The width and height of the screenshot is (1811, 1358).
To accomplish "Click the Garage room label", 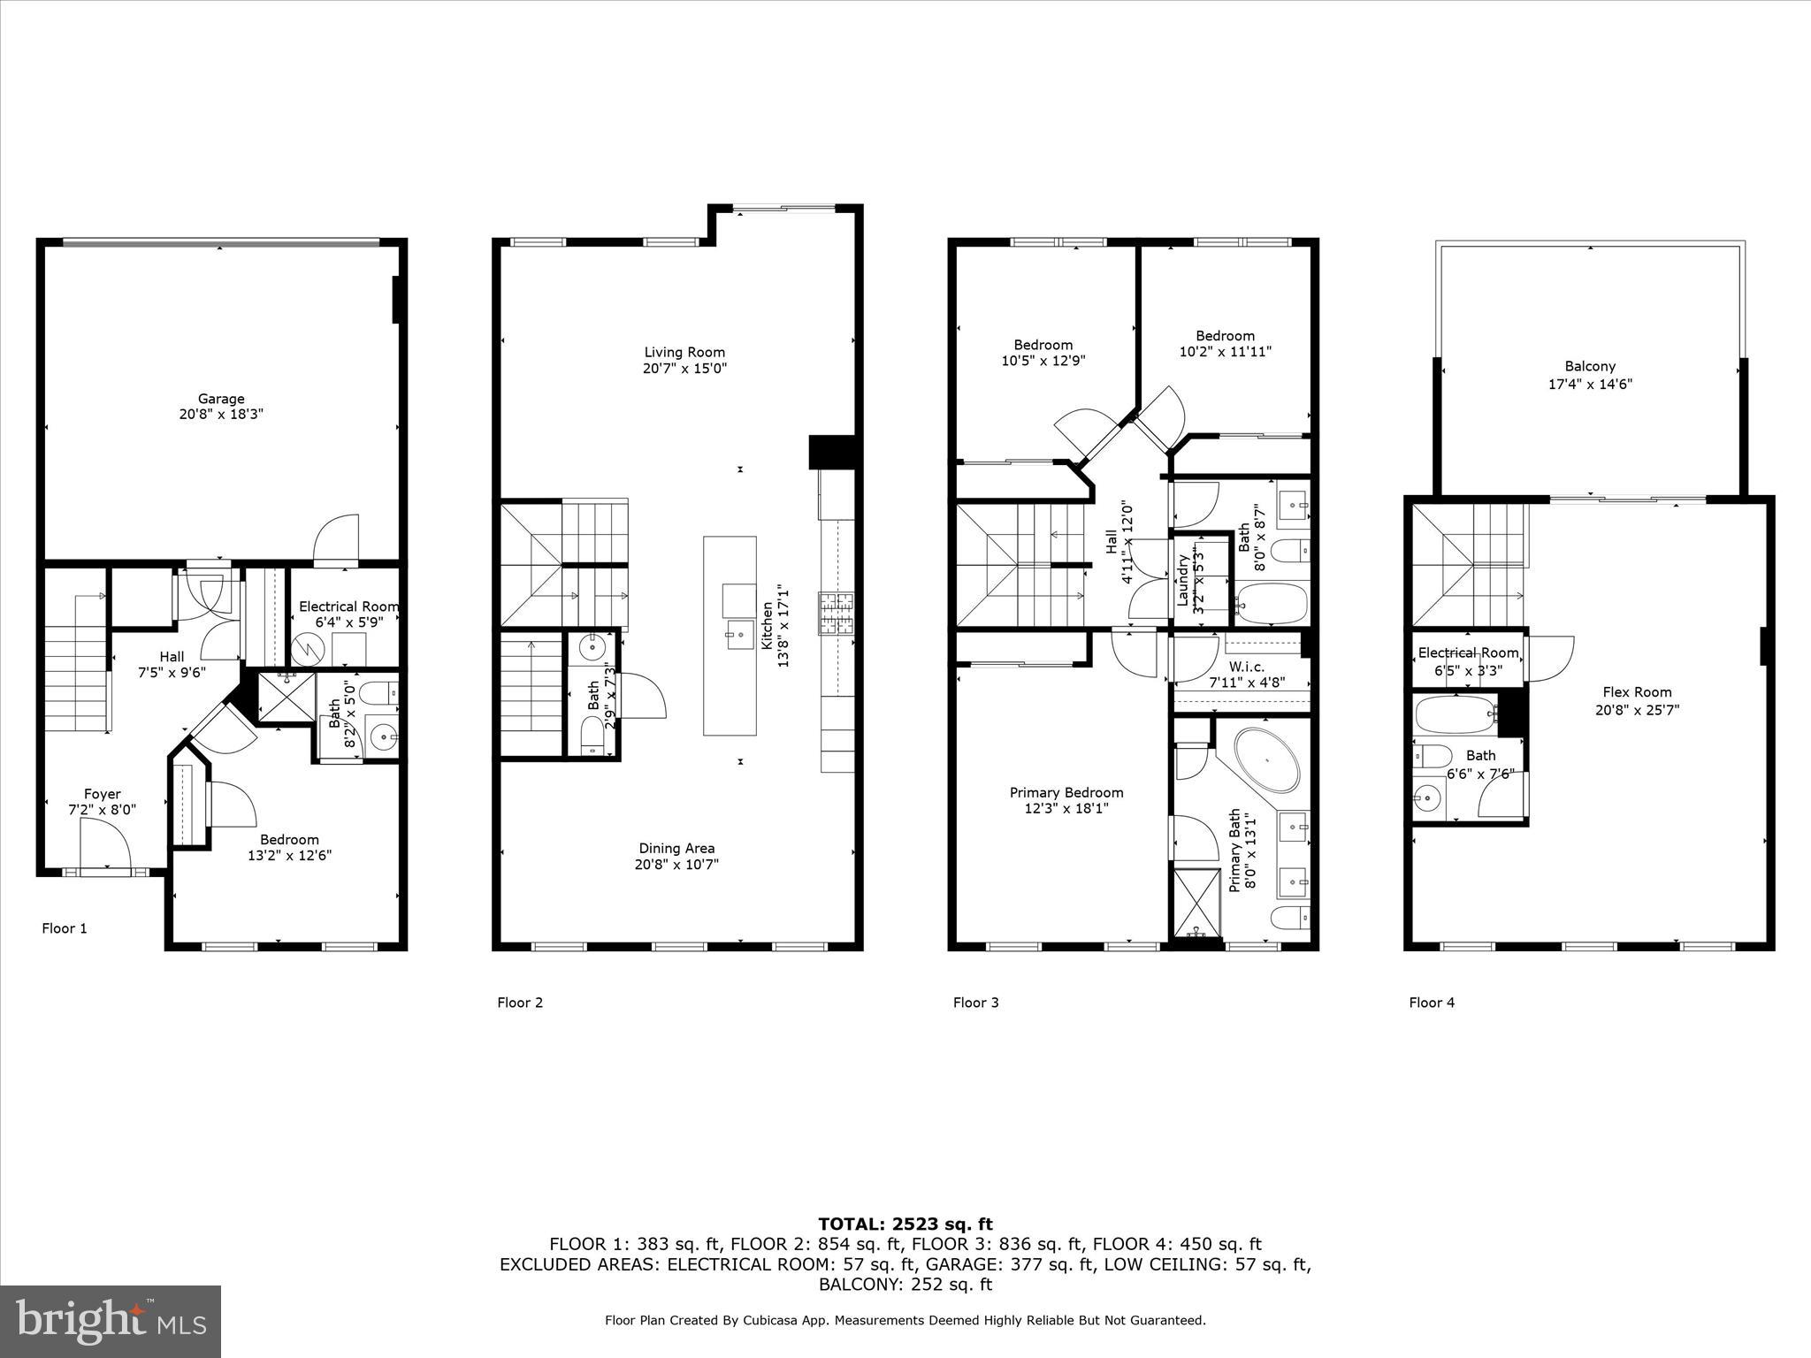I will (x=221, y=399).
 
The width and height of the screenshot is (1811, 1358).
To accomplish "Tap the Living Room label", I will (x=684, y=353).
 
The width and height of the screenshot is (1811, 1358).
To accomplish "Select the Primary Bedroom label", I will (x=1066, y=793).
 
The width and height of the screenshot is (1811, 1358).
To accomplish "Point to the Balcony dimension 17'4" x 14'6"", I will (x=1590, y=384).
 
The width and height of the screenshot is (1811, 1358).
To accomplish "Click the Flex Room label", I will (x=1637, y=692).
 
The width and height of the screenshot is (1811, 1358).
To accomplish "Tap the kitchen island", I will (x=730, y=636).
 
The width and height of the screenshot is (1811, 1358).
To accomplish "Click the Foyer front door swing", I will (x=104, y=844).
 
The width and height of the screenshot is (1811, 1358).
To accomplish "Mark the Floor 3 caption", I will (x=975, y=1003).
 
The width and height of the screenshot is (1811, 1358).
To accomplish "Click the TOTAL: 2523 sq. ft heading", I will (x=905, y=1224).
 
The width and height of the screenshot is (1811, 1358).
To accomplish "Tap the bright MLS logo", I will (x=111, y=1321).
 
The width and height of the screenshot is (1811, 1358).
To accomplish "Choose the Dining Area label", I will (x=676, y=849).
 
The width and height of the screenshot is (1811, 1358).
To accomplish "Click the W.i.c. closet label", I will (x=1246, y=667).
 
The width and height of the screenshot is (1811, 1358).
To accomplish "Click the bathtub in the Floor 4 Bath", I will (x=1456, y=714).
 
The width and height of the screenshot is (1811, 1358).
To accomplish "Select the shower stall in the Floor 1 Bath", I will (x=286, y=698).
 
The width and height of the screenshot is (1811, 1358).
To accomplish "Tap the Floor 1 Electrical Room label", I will (x=348, y=607).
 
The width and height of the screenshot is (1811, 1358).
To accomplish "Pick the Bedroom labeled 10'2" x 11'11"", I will (x=1225, y=336).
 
